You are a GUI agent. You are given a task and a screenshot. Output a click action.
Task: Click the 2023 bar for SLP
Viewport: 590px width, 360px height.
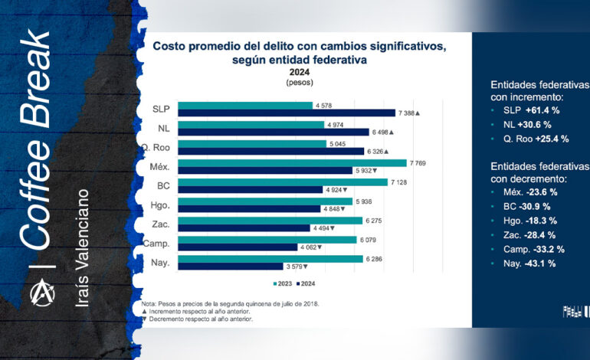245,105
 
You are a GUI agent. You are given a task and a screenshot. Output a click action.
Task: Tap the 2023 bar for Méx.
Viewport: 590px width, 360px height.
292,162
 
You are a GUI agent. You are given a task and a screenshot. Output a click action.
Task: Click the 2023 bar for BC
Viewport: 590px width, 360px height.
282,182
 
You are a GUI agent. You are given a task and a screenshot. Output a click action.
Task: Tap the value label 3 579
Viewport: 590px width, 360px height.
294,267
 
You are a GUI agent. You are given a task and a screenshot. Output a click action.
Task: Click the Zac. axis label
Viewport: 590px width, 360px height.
159,224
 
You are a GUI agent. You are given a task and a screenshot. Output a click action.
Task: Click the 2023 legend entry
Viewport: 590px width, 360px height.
283,283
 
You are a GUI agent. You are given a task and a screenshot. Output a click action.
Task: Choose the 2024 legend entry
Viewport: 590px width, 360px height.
308,283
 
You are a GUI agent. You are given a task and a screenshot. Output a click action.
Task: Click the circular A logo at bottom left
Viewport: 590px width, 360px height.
37,292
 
